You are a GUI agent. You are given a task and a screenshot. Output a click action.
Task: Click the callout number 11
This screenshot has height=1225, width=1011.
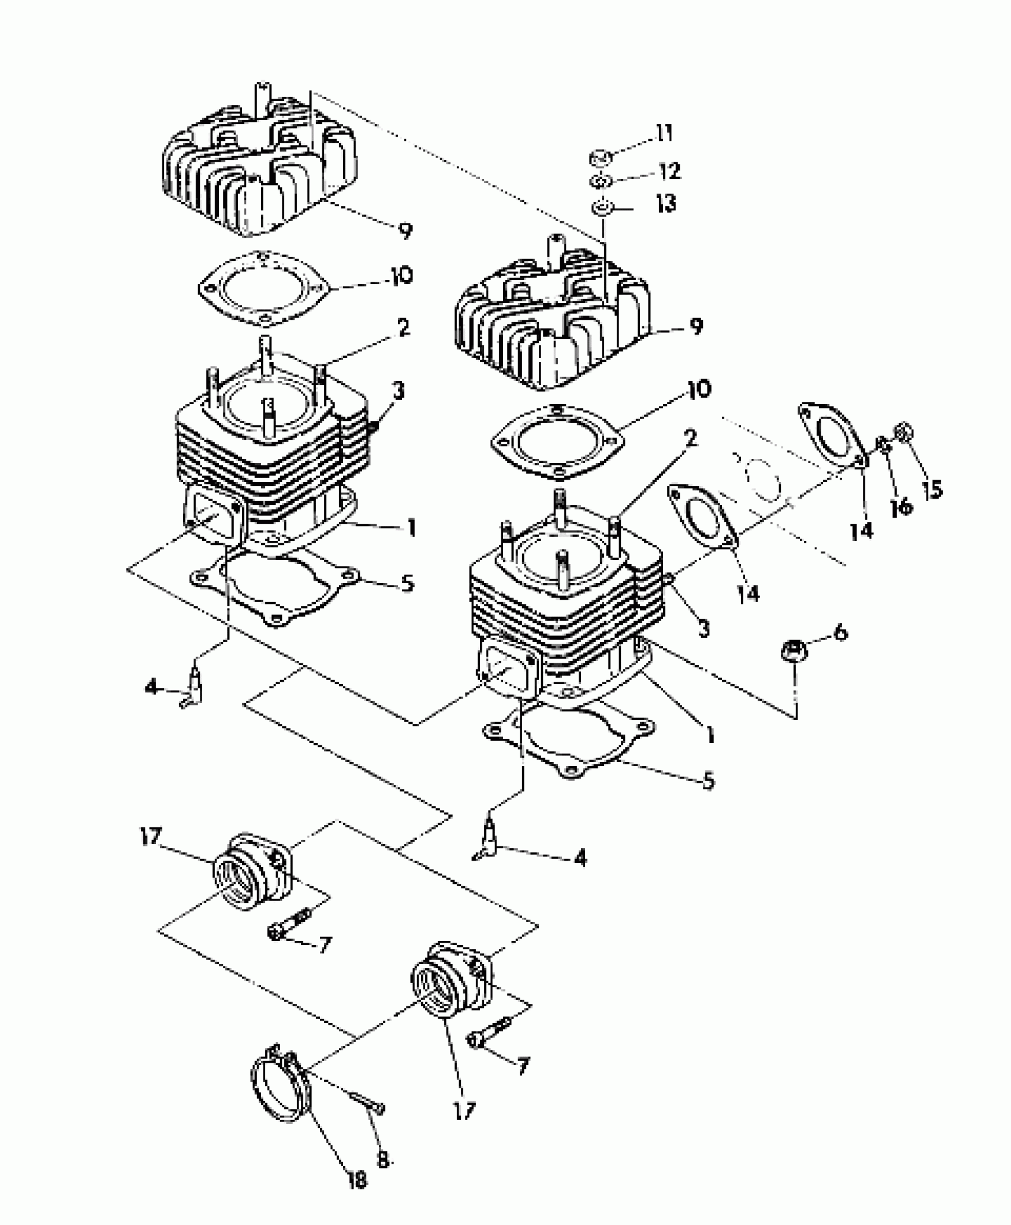tap(664, 134)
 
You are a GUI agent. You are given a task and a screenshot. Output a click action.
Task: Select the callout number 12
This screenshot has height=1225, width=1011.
tap(669, 172)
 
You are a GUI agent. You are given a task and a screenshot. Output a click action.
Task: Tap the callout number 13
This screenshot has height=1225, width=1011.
tap(665, 204)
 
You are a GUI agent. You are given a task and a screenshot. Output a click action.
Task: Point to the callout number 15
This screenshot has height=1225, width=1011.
tap(933, 489)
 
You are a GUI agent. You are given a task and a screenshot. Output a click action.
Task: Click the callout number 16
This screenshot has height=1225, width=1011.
tap(901, 506)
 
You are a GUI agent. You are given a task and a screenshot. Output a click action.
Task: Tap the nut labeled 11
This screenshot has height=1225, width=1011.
tap(601, 158)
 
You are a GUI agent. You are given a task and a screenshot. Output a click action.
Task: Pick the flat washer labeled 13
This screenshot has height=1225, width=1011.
tap(601, 209)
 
